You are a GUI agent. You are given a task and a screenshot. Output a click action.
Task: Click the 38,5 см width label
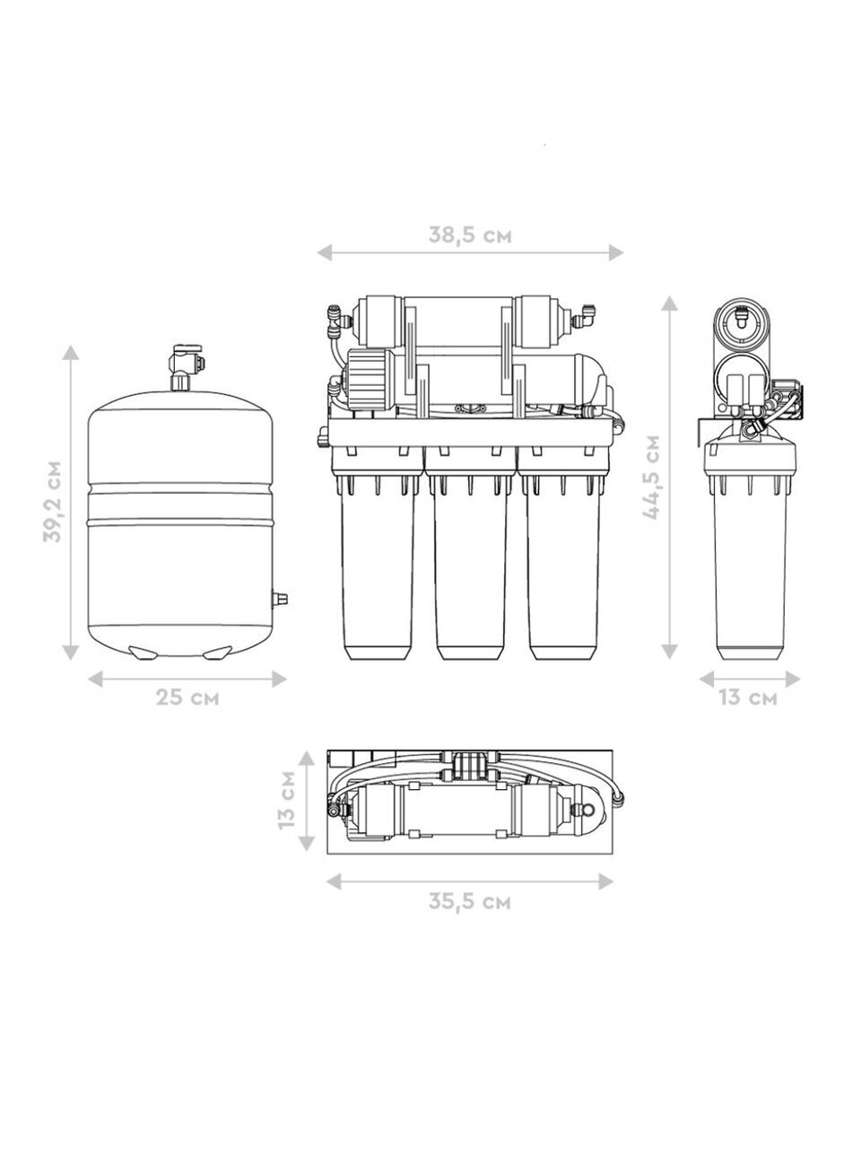(x=470, y=235)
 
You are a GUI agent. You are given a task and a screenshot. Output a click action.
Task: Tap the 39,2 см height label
(x=52, y=501)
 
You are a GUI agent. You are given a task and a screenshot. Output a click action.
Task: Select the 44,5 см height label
(x=651, y=478)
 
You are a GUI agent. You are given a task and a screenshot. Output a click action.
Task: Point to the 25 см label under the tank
(x=187, y=697)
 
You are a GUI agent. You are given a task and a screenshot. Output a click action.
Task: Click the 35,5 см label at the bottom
(x=470, y=901)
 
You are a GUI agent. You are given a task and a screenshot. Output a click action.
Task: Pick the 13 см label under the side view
(x=748, y=697)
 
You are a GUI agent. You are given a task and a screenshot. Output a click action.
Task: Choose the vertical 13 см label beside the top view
(x=287, y=799)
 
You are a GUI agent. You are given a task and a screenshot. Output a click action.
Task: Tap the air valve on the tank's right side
(x=279, y=599)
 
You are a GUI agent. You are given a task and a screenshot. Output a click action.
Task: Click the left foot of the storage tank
(x=143, y=653)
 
